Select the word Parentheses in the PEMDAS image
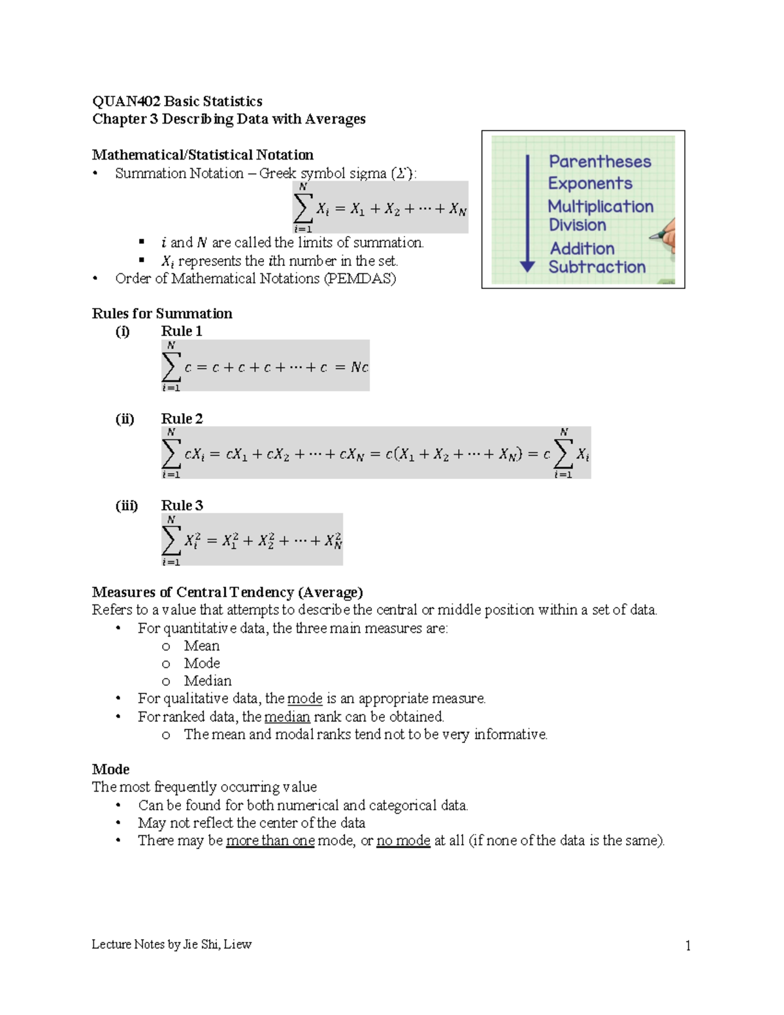point(600,161)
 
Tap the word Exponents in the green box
point(590,184)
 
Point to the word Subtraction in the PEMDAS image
point(596,267)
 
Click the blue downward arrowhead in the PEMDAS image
point(527,266)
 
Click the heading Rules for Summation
point(162,314)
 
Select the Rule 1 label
point(182,331)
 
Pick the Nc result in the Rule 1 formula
point(359,367)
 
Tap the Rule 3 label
point(182,506)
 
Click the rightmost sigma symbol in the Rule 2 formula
point(563,454)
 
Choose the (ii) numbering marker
point(125,419)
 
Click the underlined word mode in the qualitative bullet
point(304,699)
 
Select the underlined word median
point(287,717)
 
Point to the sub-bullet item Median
point(207,681)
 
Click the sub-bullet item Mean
point(201,646)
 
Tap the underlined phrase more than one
point(270,840)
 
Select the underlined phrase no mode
point(403,840)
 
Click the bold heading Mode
point(110,769)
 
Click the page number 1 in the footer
point(687,946)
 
